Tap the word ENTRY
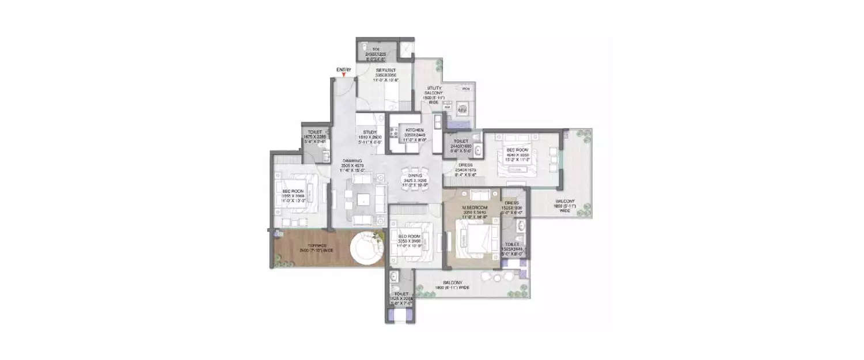[x=344, y=70]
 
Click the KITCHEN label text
[x=415, y=130]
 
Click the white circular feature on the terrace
[x=366, y=249]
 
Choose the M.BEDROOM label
[x=476, y=207]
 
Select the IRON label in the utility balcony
[x=466, y=89]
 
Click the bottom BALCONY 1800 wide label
[x=453, y=282]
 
